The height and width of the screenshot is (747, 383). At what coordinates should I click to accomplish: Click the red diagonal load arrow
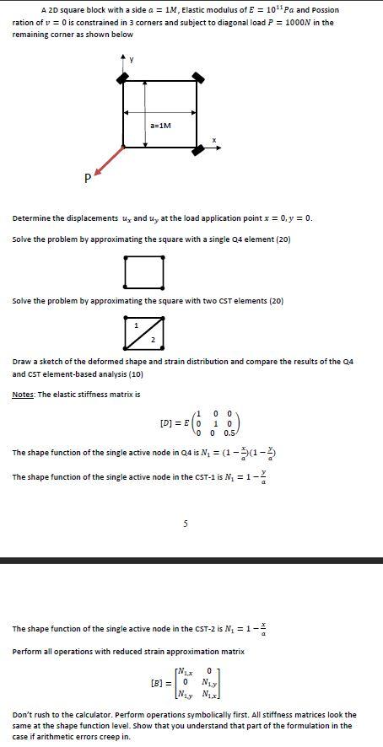click(x=109, y=161)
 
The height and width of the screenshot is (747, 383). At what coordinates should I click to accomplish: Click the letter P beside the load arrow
click(x=86, y=178)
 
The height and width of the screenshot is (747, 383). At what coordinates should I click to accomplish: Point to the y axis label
click(x=132, y=59)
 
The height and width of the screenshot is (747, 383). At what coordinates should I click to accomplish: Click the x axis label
click(x=213, y=139)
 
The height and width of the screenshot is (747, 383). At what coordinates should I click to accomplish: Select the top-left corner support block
click(x=123, y=78)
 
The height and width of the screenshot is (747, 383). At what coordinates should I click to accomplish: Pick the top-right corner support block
click(x=199, y=78)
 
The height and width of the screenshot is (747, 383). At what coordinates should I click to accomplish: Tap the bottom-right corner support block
click(x=199, y=149)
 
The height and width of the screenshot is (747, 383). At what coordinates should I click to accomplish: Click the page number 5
click(x=185, y=524)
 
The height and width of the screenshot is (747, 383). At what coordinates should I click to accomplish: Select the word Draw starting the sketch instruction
click(x=21, y=363)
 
